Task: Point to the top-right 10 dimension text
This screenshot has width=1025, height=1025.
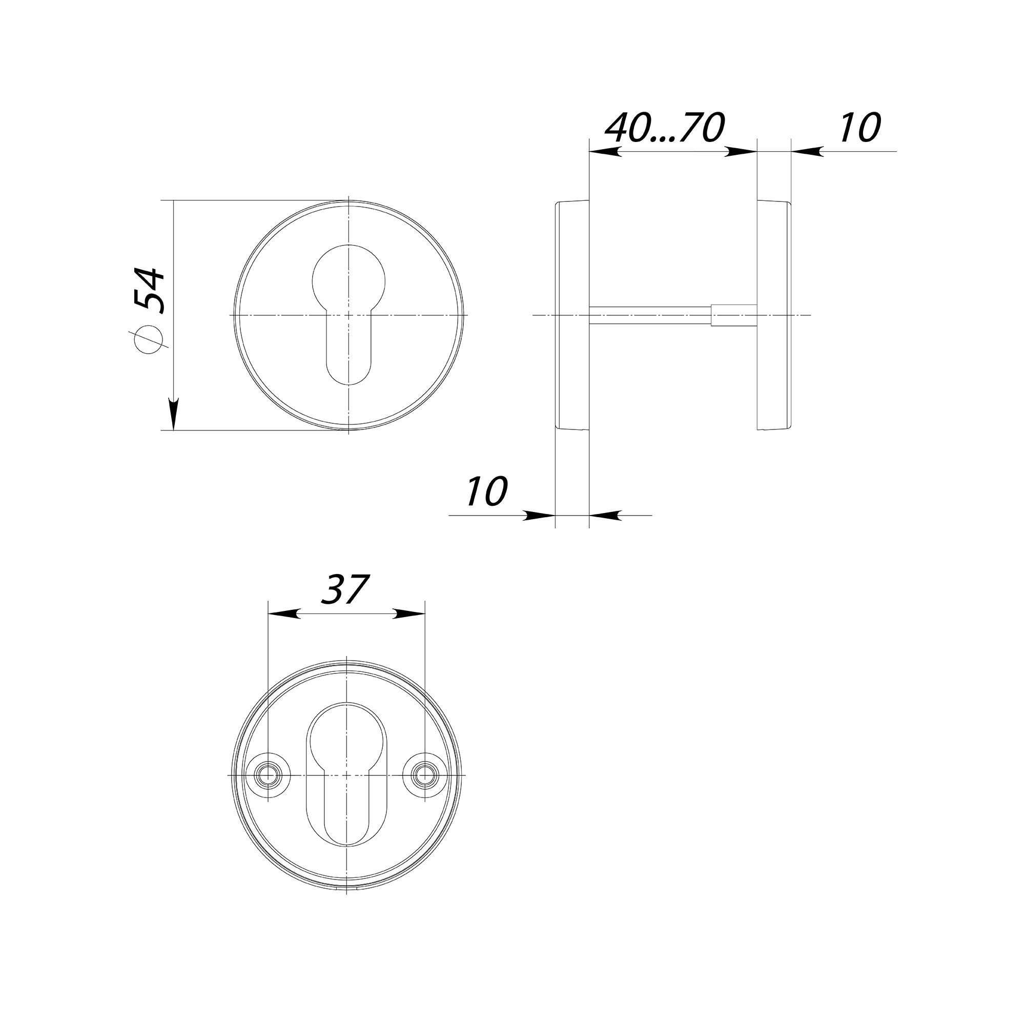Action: tap(860, 127)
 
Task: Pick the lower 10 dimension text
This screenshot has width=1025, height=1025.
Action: tap(487, 491)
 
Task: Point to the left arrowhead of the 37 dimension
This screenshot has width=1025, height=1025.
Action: tap(284, 614)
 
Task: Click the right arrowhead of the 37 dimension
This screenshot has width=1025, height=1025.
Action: tap(409, 614)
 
